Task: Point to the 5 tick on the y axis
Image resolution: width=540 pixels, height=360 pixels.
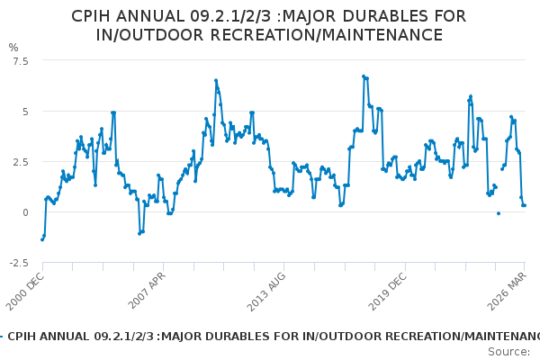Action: pyautogui.click(x=24, y=112)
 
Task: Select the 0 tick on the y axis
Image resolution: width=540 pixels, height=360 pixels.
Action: pyautogui.click(x=24, y=212)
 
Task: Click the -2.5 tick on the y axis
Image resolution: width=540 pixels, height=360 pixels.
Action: pyautogui.click(x=18, y=263)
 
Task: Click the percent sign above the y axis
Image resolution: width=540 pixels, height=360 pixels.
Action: pyautogui.click(x=13, y=47)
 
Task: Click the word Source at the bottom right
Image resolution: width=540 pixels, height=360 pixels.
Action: pyautogui.click(x=508, y=352)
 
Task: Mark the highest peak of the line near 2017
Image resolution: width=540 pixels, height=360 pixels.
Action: pyautogui.click(x=363, y=76)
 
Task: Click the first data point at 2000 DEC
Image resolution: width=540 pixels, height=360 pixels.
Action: pyautogui.click(x=41, y=239)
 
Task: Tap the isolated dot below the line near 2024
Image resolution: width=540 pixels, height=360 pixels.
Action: pyautogui.click(x=498, y=213)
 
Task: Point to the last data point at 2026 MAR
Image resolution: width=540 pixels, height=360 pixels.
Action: pyautogui.click(x=525, y=205)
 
